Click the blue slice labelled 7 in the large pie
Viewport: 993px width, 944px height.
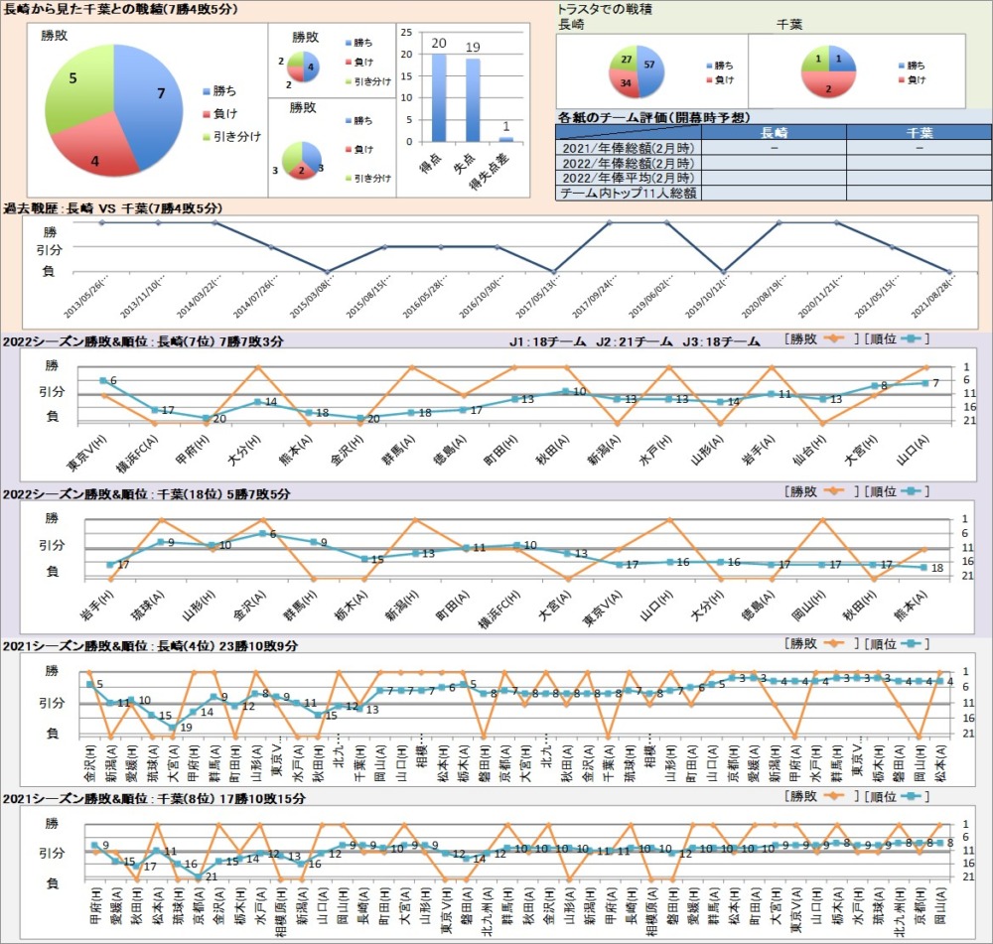[x=149, y=99]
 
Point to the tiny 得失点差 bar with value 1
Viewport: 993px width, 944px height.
[x=506, y=140]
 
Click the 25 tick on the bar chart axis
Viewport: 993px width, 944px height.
[x=404, y=32]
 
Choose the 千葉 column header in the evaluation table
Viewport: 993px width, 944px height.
[x=919, y=132]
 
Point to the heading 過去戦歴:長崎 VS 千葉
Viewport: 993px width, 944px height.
[x=112, y=208]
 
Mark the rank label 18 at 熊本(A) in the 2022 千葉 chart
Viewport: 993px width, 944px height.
[x=936, y=568]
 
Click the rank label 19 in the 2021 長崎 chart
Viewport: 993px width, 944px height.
[x=185, y=728]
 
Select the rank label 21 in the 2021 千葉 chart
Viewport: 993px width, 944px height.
[x=210, y=877]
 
